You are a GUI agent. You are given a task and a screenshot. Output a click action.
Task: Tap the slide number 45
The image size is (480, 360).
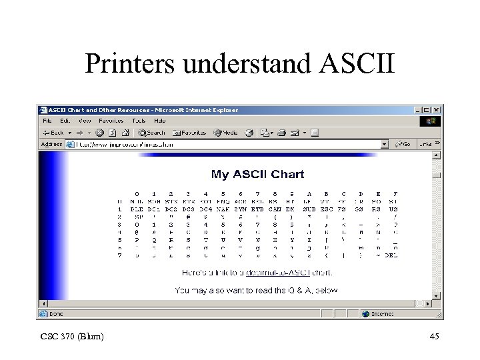coord(434,337)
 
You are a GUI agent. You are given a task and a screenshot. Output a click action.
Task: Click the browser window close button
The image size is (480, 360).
coord(436,110)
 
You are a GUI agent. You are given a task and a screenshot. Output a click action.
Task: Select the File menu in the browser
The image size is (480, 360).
coord(47,121)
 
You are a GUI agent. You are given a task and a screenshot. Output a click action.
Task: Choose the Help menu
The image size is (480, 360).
coord(160,121)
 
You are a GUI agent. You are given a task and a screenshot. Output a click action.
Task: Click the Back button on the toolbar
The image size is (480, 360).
coord(53,133)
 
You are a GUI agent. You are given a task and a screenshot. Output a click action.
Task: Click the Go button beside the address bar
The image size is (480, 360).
coord(403,144)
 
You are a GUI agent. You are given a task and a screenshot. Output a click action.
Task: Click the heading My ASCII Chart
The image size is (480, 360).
coord(257,174)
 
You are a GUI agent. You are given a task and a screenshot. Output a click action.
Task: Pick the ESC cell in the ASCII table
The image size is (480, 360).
coord(325,209)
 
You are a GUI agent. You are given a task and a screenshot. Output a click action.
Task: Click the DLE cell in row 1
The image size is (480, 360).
coord(137,209)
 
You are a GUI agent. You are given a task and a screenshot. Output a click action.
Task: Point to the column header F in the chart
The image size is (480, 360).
coord(395,193)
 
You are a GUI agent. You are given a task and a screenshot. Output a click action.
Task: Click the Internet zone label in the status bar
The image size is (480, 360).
coord(383,313)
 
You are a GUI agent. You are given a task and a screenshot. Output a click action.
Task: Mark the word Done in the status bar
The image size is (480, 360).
coord(55,313)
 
